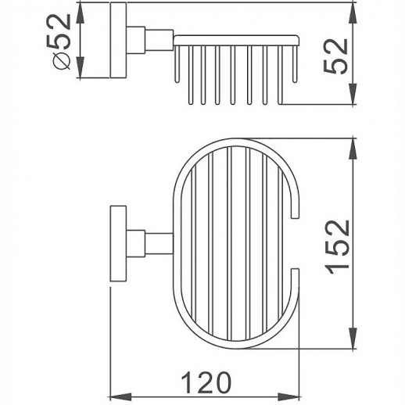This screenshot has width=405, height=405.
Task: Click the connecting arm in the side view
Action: pyautogui.click(x=152, y=39)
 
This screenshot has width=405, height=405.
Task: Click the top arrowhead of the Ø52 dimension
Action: pyautogui.click(x=81, y=11)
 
